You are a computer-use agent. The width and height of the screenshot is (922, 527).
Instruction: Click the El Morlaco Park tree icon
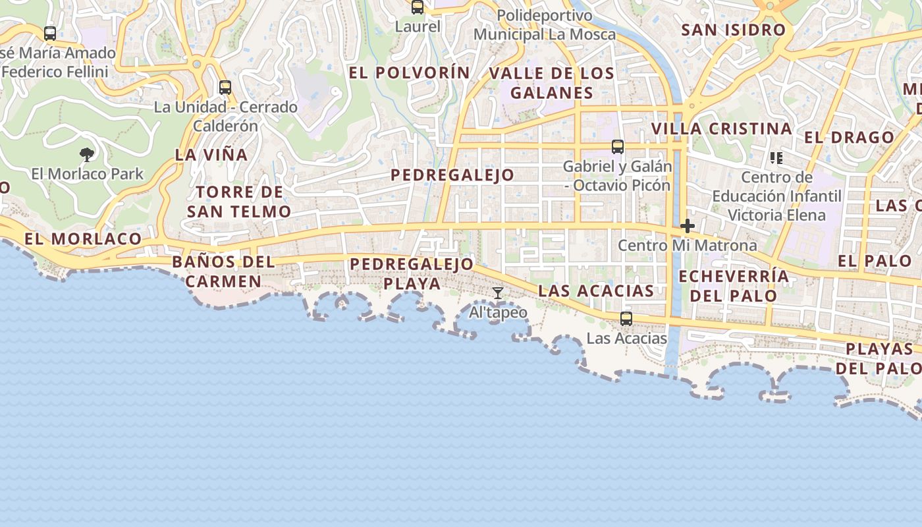pos(86,155)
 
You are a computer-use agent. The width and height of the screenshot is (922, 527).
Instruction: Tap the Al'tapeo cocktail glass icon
pos(498,293)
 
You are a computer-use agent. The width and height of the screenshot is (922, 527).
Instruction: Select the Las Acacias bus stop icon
pos(626,319)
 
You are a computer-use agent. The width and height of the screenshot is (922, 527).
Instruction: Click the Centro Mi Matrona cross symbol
pos(688,226)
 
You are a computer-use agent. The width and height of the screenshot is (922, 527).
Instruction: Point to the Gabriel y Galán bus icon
pos(618,147)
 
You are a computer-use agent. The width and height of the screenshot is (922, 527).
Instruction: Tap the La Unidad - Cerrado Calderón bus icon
pos(225,87)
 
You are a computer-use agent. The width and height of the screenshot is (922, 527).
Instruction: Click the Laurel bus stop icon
pos(418,7)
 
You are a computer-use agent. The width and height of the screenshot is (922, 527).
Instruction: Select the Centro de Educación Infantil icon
pos(776,158)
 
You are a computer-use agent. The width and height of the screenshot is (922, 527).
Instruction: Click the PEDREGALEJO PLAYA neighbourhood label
pos(412,273)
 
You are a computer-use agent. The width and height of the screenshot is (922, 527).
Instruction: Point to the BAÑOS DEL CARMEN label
pos(223,271)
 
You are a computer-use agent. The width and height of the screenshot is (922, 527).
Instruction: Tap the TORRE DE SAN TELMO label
pos(239,202)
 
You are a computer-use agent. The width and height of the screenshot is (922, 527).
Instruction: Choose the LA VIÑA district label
pos(211,155)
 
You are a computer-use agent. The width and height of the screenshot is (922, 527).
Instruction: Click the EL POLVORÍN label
pos(410,72)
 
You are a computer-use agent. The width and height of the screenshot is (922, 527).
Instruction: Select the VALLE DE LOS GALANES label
pos(552,82)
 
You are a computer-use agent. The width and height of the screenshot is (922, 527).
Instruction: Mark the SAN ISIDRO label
pos(734,30)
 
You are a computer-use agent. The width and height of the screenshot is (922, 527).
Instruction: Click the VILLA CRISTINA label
pos(722,128)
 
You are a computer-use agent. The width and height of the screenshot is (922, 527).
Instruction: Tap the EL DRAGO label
pos(850,137)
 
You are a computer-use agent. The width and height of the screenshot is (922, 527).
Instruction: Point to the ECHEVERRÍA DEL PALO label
pos(734,285)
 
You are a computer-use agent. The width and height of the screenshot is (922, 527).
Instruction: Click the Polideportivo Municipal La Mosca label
pos(545,24)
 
